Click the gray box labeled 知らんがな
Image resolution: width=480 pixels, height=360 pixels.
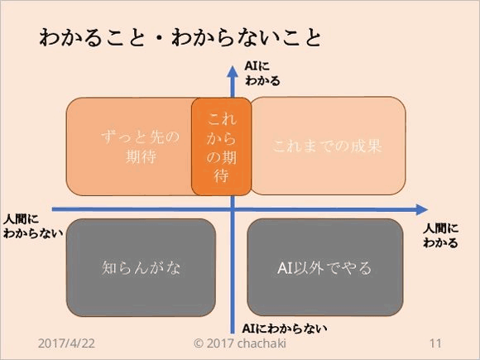click(x=142, y=267)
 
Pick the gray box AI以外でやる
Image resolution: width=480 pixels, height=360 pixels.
click(x=324, y=267)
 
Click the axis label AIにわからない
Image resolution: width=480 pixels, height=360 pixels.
click(x=285, y=328)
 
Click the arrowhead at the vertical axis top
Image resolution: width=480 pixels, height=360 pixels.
click(x=233, y=72)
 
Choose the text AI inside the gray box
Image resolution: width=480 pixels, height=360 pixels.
click(x=286, y=267)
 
